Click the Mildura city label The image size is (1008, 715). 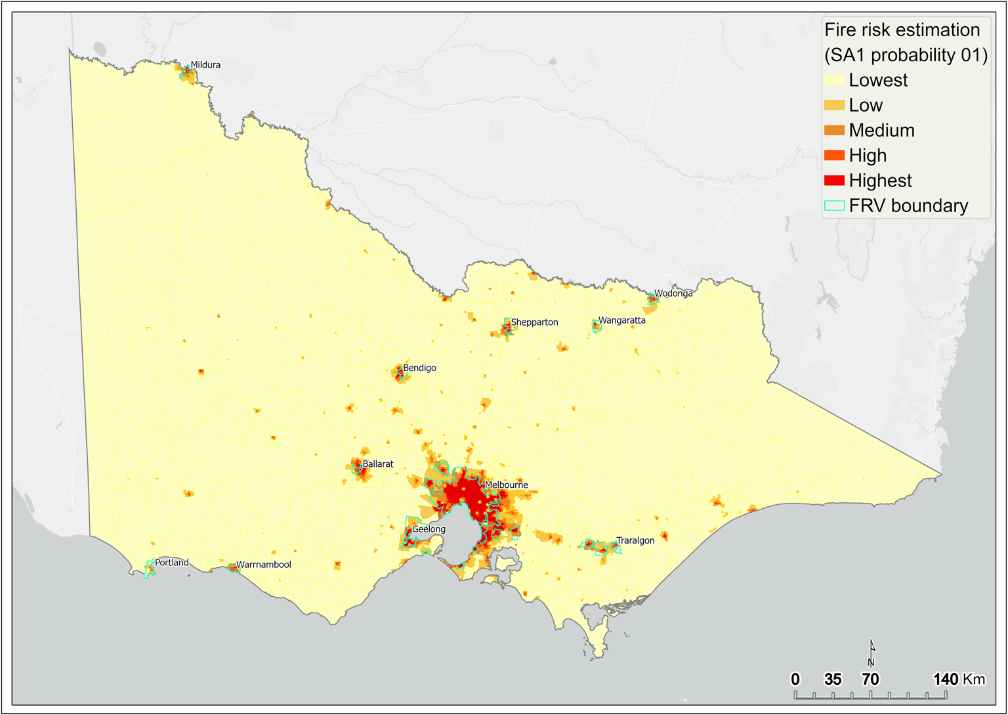205,65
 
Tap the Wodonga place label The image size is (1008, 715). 673,293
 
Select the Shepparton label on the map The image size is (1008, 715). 534,322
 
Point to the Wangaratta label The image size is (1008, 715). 621,320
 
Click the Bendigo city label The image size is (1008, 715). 419,368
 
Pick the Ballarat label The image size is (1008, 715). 378,464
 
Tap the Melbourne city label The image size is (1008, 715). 506,485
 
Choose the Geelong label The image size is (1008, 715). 429,529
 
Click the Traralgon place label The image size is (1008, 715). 635,540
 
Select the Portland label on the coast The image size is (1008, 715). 171,563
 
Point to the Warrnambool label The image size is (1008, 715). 263,565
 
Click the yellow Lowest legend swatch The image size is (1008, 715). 834,80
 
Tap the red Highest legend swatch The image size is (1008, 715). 834,181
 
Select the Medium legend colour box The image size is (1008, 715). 834,131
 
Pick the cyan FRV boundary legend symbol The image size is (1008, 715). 834,206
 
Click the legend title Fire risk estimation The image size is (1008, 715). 902,30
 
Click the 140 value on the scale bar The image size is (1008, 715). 946,679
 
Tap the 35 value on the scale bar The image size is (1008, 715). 833,679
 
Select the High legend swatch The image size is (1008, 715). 834,156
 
